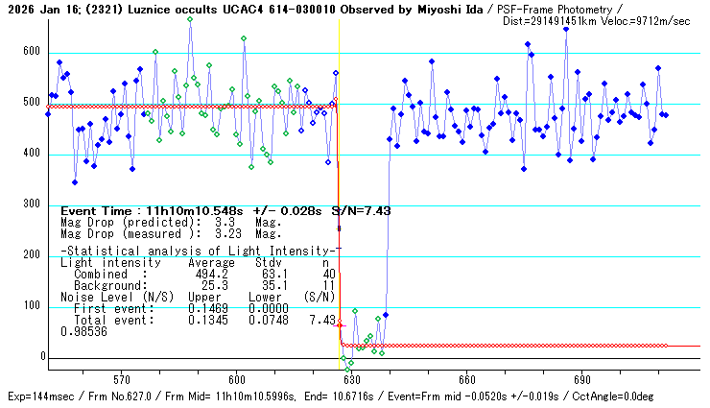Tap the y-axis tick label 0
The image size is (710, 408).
41,357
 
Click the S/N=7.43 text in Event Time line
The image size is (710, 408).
361,210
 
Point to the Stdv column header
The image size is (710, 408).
269,262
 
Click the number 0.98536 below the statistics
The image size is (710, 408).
83,331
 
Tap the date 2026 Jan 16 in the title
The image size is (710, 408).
35,9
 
